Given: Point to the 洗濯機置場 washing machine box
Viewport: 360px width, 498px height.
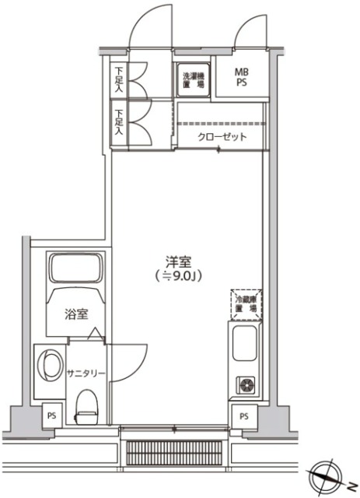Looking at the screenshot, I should (x=192, y=79).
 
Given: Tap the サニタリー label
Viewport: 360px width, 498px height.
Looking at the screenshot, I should (x=85, y=373).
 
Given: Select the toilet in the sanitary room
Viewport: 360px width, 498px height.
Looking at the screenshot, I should (x=86, y=404).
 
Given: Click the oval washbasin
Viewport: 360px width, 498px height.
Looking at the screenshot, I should (x=51, y=364).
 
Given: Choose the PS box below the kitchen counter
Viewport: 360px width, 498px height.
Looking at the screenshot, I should (x=243, y=416).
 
